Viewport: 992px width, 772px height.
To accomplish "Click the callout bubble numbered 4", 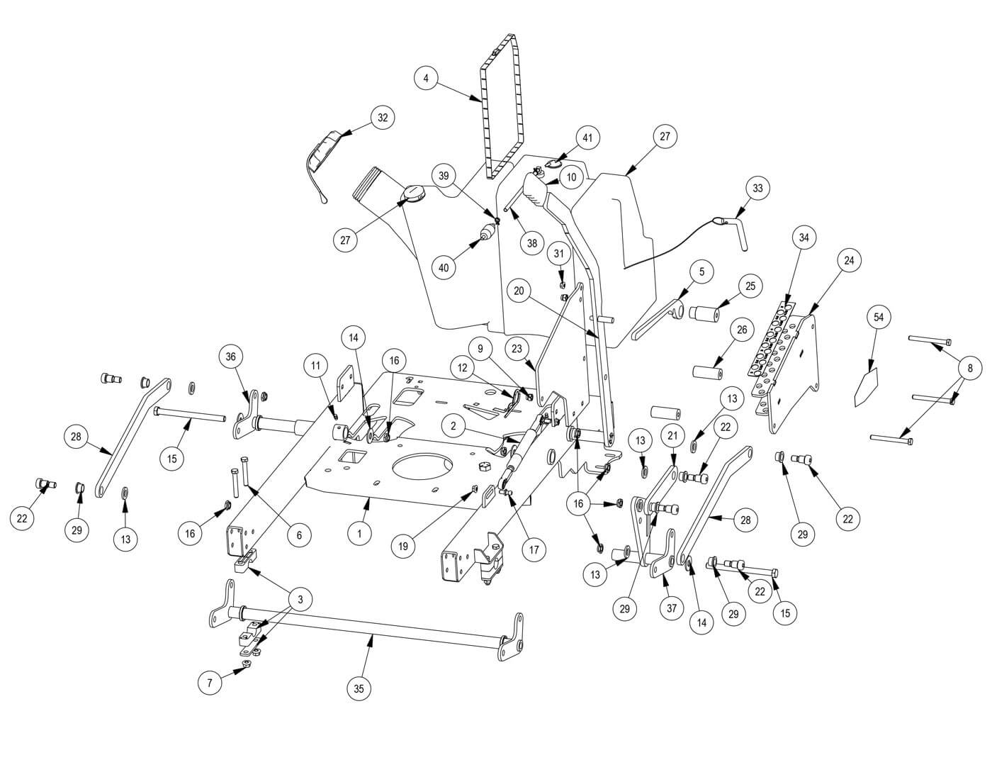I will pos(426,78).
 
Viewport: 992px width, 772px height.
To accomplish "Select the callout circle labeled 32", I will pos(383,118).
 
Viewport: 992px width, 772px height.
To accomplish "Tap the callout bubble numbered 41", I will pos(587,138).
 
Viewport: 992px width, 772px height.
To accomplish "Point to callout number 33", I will pos(758,189).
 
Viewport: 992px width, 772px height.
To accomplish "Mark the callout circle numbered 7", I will pos(210,683).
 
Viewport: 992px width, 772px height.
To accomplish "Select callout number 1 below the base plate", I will pos(360,533).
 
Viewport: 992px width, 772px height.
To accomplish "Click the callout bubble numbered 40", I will pos(444,268).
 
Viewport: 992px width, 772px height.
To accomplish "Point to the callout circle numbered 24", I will pos(849,261).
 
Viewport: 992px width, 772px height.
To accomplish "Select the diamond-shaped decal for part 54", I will pos(866,385).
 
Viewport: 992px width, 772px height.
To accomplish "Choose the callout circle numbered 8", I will pos(970,368).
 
